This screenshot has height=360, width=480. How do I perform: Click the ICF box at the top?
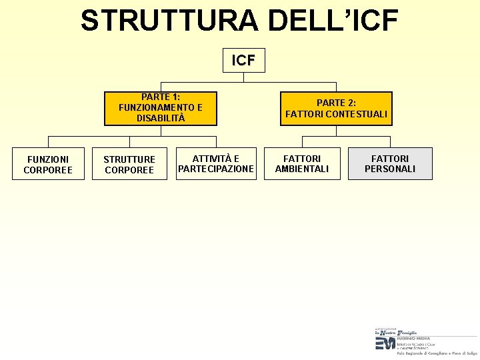pyautogui.click(x=243, y=60)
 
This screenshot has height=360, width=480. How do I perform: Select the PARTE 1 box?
pyautogui.click(x=161, y=108)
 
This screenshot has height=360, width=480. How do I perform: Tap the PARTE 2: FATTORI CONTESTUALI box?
pyautogui.click(x=336, y=109)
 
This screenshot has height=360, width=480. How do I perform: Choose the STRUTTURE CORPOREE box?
pyautogui.click(x=129, y=164)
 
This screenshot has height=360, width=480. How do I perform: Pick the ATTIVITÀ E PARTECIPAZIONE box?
pyautogui.click(x=216, y=164)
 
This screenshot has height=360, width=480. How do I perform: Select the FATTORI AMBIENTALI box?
pyautogui.click(x=302, y=164)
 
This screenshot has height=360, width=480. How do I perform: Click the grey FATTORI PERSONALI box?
pyautogui.click(x=390, y=164)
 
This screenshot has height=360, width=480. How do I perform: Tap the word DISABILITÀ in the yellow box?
pyautogui.click(x=161, y=118)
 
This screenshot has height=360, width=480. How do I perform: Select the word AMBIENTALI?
pyautogui.click(x=302, y=169)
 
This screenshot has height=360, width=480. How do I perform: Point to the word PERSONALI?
pyautogui.click(x=390, y=169)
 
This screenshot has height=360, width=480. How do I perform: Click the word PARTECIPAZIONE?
pyautogui.click(x=216, y=169)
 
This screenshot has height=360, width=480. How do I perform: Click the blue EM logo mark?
pyautogui.click(x=385, y=343)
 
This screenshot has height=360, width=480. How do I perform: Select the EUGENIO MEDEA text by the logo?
pyautogui.click(x=414, y=338)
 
